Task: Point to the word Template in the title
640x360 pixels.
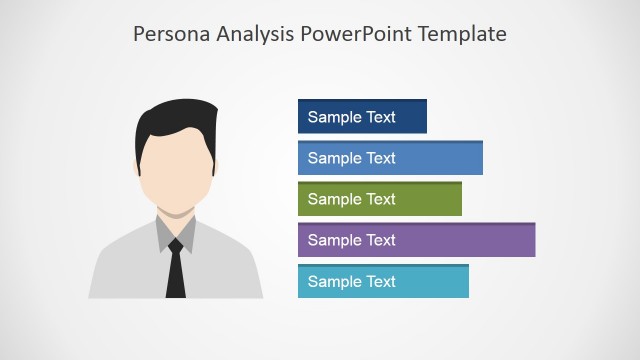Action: [x=461, y=34]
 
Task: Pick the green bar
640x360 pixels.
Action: [x=430, y=199]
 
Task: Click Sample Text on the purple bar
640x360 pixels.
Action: [x=352, y=240]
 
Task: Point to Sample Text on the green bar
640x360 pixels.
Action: [x=352, y=199]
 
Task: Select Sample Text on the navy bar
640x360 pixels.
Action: [x=352, y=117]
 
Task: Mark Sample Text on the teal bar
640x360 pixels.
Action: [x=352, y=281]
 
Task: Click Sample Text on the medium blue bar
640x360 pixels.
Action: [x=352, y=158]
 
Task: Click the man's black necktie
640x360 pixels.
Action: [x=176, y=274]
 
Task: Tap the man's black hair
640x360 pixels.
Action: [x=176, y=118]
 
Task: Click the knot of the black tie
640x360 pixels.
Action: [x=176, y=245]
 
